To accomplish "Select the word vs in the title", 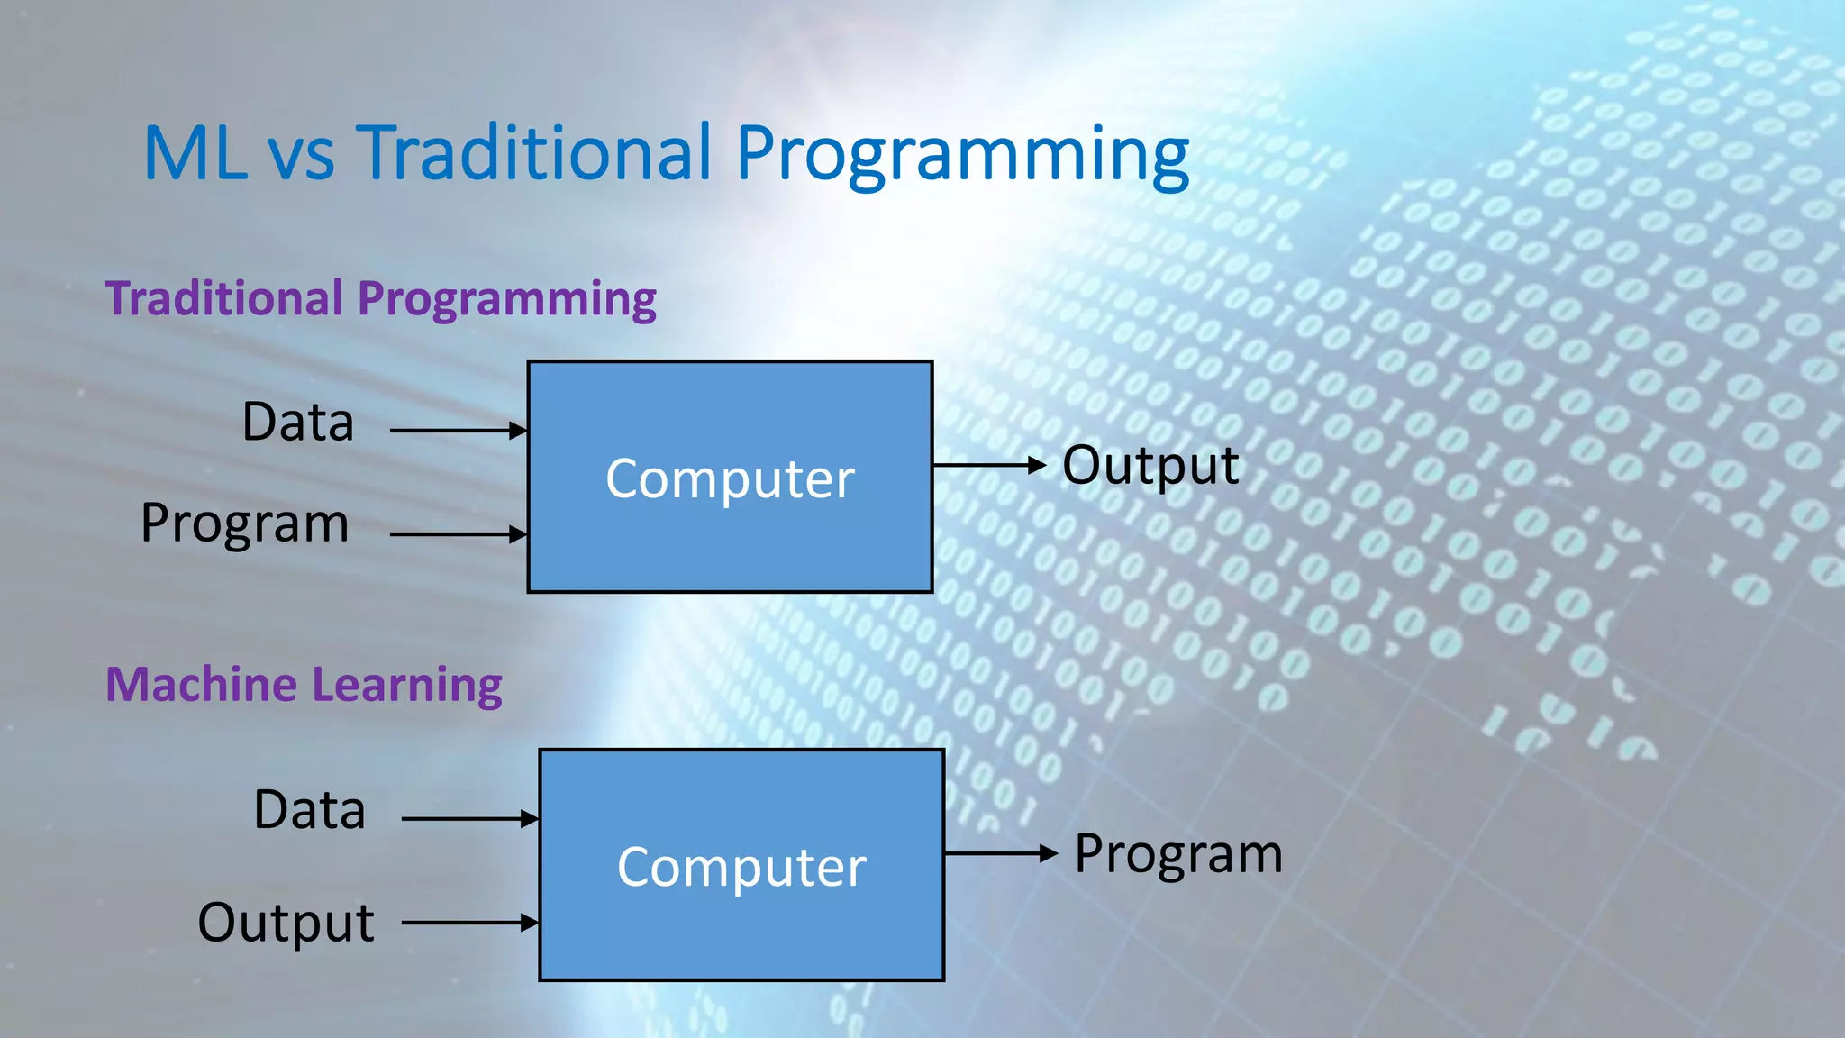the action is pyautogui.click(x=302, y=155).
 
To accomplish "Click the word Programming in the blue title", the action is pyautogui.click(x=962, y=155).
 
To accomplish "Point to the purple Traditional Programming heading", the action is pyautogui.click(x=380, y=299).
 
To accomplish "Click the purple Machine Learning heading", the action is pyautogui.click(x=304, y=685).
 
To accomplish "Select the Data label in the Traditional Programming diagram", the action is pyautogui.click(x=298, y=422).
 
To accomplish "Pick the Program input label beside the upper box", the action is pyautogui.click(x=245, y=524).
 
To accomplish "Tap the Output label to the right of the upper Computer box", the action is pyautogui.click(x=1150, y=466).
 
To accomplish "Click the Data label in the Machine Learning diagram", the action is pyautogui.click(x=310, y=810).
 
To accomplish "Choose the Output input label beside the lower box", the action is pyautogui.click(x=286, y=923).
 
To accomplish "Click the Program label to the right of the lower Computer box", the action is pyautogui.click(x=1178, y=854).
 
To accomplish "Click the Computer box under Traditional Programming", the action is pyautogui.click(x=730, y=477).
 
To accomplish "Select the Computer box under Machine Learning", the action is pyautogui.click(x=741, y=865).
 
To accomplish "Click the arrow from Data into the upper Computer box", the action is pyautogui.click(x=458, y=431).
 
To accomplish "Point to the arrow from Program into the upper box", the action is pyautogui.click(x=458, y=534).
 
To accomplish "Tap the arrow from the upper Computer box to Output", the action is pyautogui.click(x=988, y=466).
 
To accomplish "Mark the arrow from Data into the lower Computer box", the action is pyautogui.click(x=469, y=819).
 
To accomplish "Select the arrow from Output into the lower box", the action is pyautogui.click(x=469, y=923).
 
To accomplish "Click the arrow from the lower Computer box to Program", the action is pyautogui.click(x=1000, y=853).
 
